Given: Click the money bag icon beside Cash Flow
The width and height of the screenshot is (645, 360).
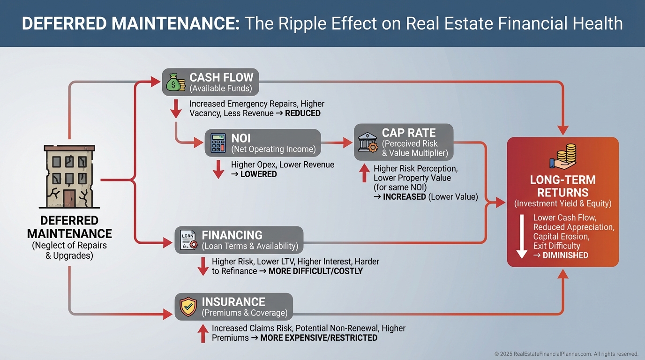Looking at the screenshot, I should (176, 82).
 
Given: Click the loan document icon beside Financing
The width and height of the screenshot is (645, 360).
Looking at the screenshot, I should (187, 240).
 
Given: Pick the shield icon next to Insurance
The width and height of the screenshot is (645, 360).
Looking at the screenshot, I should (188, 307).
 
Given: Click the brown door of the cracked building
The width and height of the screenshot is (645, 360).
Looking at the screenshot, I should (70, 197).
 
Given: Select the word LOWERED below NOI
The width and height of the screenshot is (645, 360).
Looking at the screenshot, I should (259, 174).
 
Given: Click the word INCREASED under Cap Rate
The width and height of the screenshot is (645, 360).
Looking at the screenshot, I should (405, 197).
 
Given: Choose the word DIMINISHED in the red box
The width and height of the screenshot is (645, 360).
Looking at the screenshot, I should (565, 255).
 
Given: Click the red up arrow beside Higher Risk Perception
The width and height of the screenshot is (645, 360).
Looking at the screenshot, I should (364, 173).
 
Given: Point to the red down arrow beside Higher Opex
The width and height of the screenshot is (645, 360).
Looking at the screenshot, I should (218, 169).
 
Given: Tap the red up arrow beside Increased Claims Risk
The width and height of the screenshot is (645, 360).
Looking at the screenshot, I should (203, 333).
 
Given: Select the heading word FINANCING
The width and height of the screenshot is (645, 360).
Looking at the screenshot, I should (232, 235).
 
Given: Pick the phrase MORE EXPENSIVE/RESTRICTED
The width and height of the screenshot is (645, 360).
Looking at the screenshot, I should (319, 338).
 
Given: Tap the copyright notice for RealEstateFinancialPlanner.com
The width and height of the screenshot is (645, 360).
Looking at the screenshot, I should (566, 354).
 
